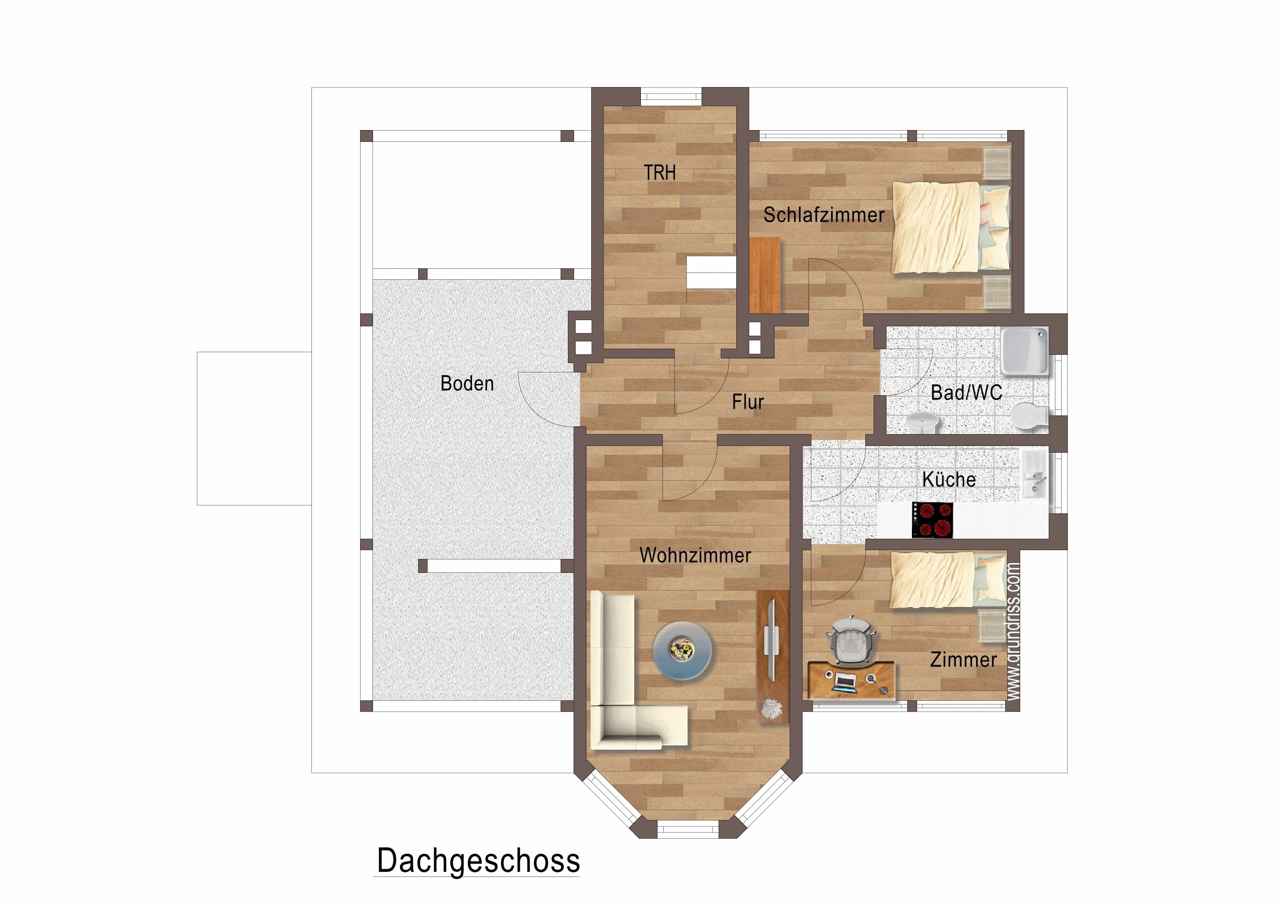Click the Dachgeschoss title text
[478, 860]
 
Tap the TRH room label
[659, 172]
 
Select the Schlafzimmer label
[823, 215]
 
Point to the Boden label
[467, 383]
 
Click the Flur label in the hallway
[748, 402]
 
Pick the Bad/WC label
[966, 393]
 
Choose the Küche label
[949, 479]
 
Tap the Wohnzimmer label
[695, 555]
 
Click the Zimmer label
[963, 659]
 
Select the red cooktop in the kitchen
[933, 520]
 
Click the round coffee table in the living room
[682, 650]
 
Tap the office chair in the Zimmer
[850, 641]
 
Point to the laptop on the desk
[845, 682]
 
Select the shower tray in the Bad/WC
[1024, 351]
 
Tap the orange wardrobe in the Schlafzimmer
[765, 275]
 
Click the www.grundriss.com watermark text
[1013, 631]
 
